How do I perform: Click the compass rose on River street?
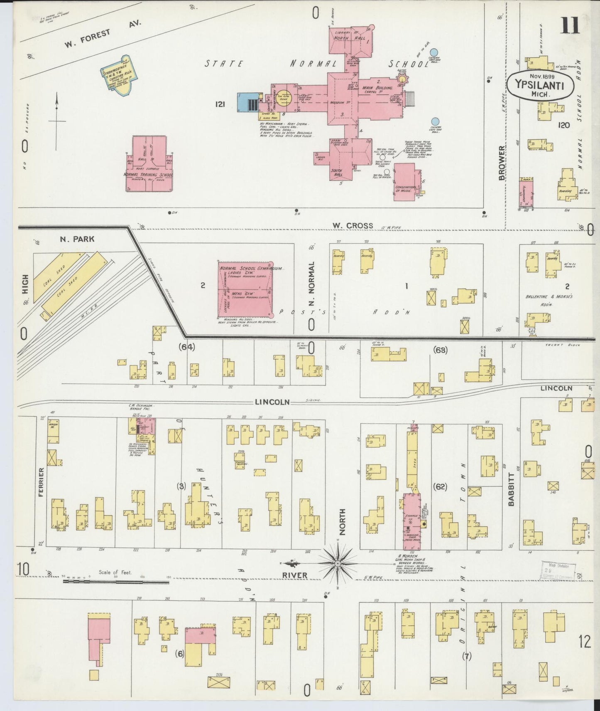click(338, 563)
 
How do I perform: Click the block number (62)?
click(440, 486)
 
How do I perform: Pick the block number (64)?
click(186, 346)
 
